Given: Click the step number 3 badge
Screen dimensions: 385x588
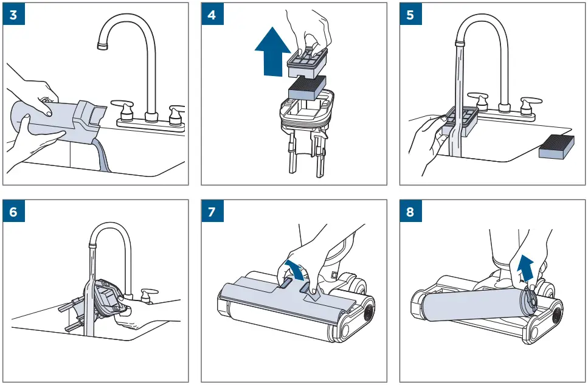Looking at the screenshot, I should pyautogui.click(x=13, y=15).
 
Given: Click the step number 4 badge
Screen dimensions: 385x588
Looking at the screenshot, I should pyautogui.click(x=212, y=15).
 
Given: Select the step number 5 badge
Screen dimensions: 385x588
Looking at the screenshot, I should pyautogui.click(x=410, y=15).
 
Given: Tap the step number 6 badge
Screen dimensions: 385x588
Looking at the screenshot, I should pyautogui.click(x=13, y=213).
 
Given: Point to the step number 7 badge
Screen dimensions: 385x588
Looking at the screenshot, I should pyautogui.click(x=212, y=213).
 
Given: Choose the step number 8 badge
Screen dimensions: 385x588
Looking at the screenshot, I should pyautogui.click(x=410, y=213).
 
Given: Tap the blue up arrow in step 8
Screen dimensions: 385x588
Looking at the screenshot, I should pyautogui.click(x=524, y=265).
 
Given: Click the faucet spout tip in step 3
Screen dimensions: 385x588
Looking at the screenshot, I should pyautogui.click(x=100, y=46).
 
